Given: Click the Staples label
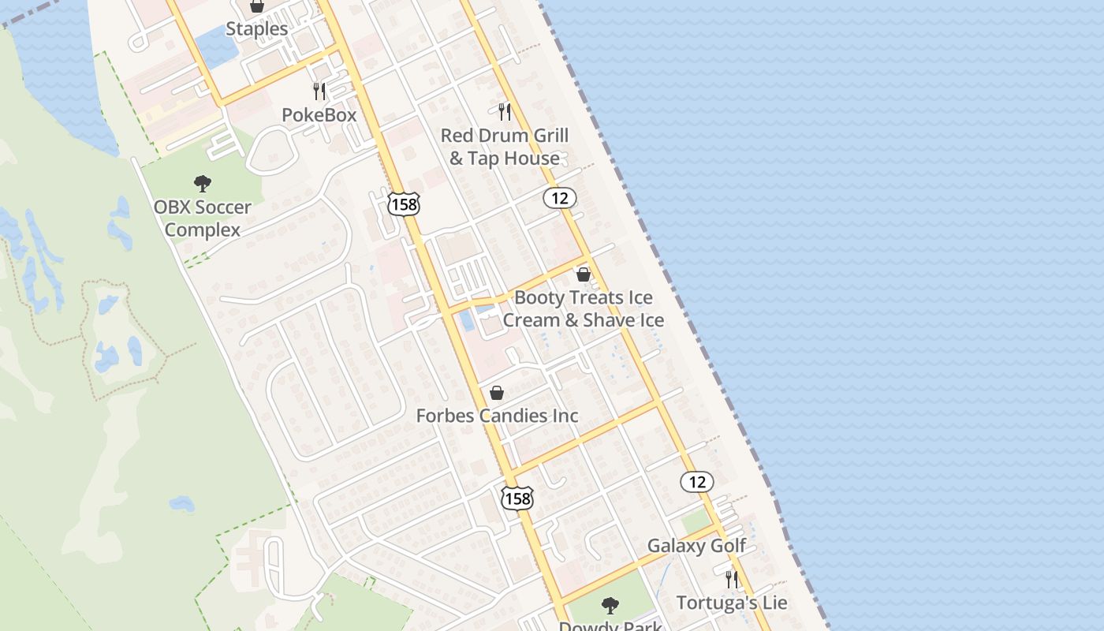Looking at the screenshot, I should pyautogui.click(x=257, y=29).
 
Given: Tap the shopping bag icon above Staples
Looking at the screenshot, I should pyautogui.click(x=257, y=6).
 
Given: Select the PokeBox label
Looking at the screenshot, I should pyautogui.click(x=319, y=115).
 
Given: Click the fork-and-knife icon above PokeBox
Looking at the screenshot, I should pyautogui.click(x=319, y=91).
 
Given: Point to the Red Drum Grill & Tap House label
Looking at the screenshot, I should pyautogui.click(x=505, y=147).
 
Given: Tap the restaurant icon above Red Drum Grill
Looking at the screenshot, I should pyautogui.click(x=505, y=112).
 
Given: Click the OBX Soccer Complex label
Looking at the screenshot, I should pyautogui.click(x=203, y=218).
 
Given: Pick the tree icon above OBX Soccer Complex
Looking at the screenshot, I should pyautogui.click(x=203, y=185).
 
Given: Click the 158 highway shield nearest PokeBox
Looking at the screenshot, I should pyautogui.click(x=404, y=204).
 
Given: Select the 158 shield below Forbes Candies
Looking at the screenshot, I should pyautogui.click(x=517, y=498).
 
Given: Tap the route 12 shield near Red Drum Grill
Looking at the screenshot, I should pyautogui.click(x=560, y=198).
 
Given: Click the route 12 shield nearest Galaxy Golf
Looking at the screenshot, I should pyautogui.click(x=697, y=481).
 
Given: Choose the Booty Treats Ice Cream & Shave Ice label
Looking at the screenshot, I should pyautogui.click(x=584, y=308).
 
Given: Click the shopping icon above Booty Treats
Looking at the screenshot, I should pyautogui.click(x=584, y=274).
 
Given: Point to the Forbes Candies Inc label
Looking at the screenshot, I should pyautogui.click(x=498, y=416).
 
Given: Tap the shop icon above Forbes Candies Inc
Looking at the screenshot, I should pyautogui.click(x=497, y=393).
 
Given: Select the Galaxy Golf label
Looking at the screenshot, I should pyautogui.click(x=696, y=546).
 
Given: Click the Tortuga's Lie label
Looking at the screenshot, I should pyautogui.click(x=732, y=603).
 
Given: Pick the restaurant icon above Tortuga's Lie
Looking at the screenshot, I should pyautogui.click(x=732, y=580).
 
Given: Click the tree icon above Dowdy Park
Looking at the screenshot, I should pyautogui.click(x=610, y=606).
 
